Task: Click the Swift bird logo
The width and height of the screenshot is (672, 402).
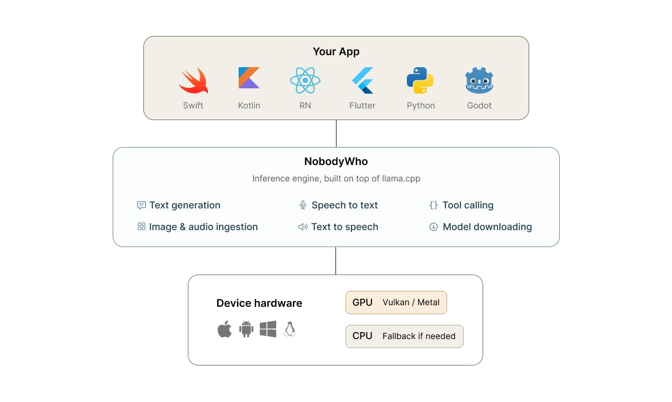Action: [x=194, y=81]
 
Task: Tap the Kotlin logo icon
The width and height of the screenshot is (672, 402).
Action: [x=249, y=78]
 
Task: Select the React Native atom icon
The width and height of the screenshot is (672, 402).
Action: [x=305, y=80]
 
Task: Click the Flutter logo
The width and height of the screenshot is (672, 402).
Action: [x=362, y=80]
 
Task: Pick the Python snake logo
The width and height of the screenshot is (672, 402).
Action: [x=420, y=80]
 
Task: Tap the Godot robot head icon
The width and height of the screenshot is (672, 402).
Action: [x=479, y=80]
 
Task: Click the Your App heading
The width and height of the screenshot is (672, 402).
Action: [x=336, y=52]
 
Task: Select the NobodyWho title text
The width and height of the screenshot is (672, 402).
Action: [x=336, y=161]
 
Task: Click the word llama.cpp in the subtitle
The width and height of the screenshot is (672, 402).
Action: [x=401, y=178]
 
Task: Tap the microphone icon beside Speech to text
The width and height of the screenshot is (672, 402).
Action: [x=303, y=205]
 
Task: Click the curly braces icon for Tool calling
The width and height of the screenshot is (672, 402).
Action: [x=433, y=205]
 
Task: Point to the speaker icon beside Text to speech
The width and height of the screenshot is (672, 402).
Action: [x=303, y=227]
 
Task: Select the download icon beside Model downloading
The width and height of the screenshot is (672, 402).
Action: [x=433, y=227]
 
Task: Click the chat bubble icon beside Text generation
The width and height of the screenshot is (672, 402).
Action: [x=141, y=205]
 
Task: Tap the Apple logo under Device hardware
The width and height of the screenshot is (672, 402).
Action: [x=224, y=329]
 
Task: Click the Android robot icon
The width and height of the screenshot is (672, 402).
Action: [x=246, y=329]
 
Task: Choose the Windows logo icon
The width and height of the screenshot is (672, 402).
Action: [x=268, y=329]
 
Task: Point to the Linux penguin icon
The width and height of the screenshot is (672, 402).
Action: [x=290, y=329]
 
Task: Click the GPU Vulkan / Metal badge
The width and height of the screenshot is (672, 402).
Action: [x=396, y=303]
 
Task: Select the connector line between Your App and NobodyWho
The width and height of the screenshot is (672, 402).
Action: [x=337, y=133]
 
